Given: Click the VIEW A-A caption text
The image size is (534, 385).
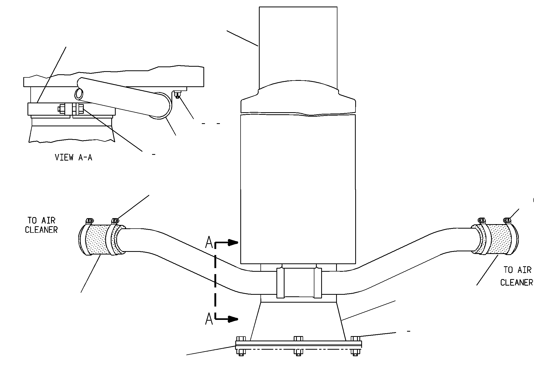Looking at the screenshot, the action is click(74, 157).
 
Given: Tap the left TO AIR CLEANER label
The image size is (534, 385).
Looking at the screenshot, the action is click(41, 225).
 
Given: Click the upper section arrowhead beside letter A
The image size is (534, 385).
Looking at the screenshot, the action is click(233, 242).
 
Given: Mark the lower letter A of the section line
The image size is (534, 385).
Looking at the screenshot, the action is click(209, 319).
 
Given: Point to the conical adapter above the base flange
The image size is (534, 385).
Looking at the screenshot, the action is click(298, 321).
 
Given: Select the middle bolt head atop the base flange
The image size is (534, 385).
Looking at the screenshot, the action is click(298, 339).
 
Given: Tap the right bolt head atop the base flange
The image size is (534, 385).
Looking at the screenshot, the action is click(355, 339).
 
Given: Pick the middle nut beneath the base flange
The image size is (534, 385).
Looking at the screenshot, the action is click(298, 352).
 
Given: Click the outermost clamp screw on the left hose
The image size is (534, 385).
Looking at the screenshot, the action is click(89, 221).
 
